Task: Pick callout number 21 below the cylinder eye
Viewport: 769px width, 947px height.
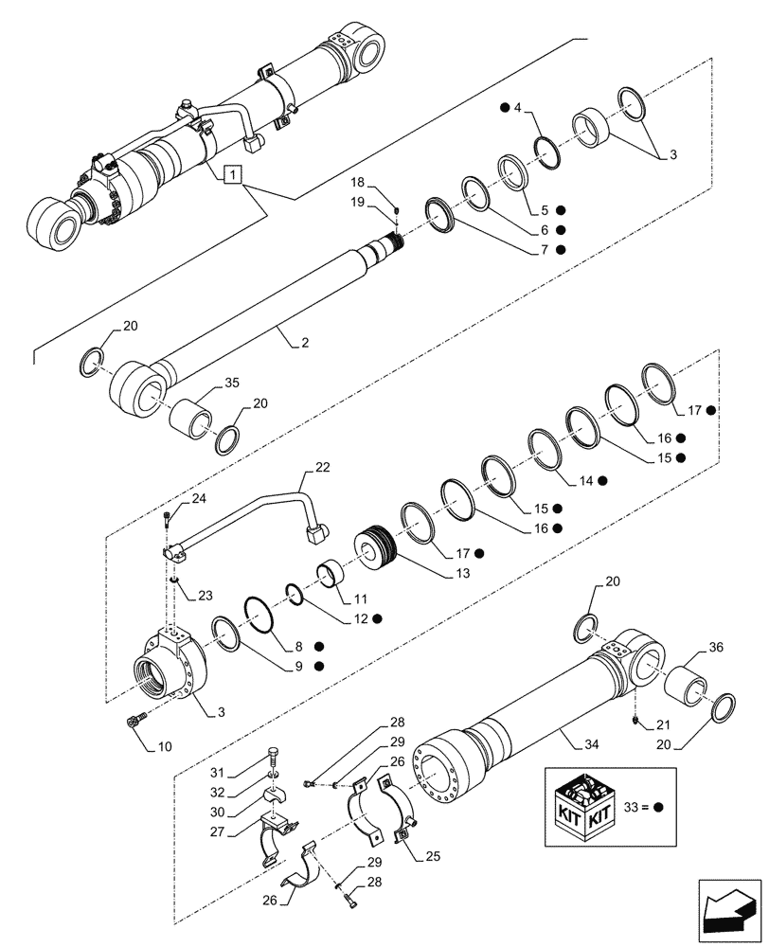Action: [650, 726]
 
